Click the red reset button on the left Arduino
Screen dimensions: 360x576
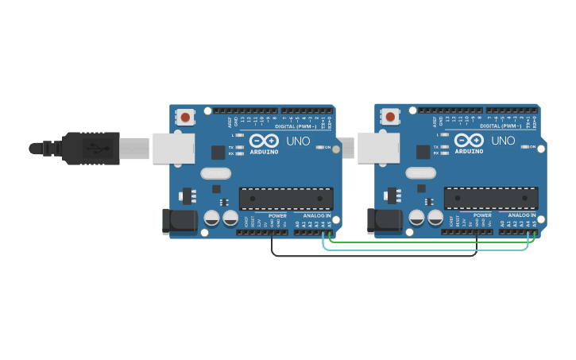(x=185, y=118)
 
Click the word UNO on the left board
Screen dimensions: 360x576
(x=298, y=141)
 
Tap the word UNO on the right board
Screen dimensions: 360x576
(x=503, y=141)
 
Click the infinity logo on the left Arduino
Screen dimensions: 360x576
(x=264, y=141)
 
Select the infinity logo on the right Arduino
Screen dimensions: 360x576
(x=469, y=141)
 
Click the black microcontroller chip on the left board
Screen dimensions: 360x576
(x=286, y=199)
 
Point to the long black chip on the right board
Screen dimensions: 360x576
(x=491, y=199)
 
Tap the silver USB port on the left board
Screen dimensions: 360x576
(x=173, y=148)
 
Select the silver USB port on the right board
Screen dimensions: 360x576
(x=378, y=148)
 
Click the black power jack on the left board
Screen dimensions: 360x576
(x=179, y=222)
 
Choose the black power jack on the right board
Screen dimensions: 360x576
(x=384, y=222)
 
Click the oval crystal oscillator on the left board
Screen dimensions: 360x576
(x=215, y=173)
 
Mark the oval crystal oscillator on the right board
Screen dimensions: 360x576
(x=420, y=173)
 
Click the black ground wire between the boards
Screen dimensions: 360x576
(x=373, y=256)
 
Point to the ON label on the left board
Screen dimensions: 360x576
(x=327, y=147)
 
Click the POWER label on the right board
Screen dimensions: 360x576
(x=482, y=215)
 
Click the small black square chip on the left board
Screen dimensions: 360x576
(x=218, y=153)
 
